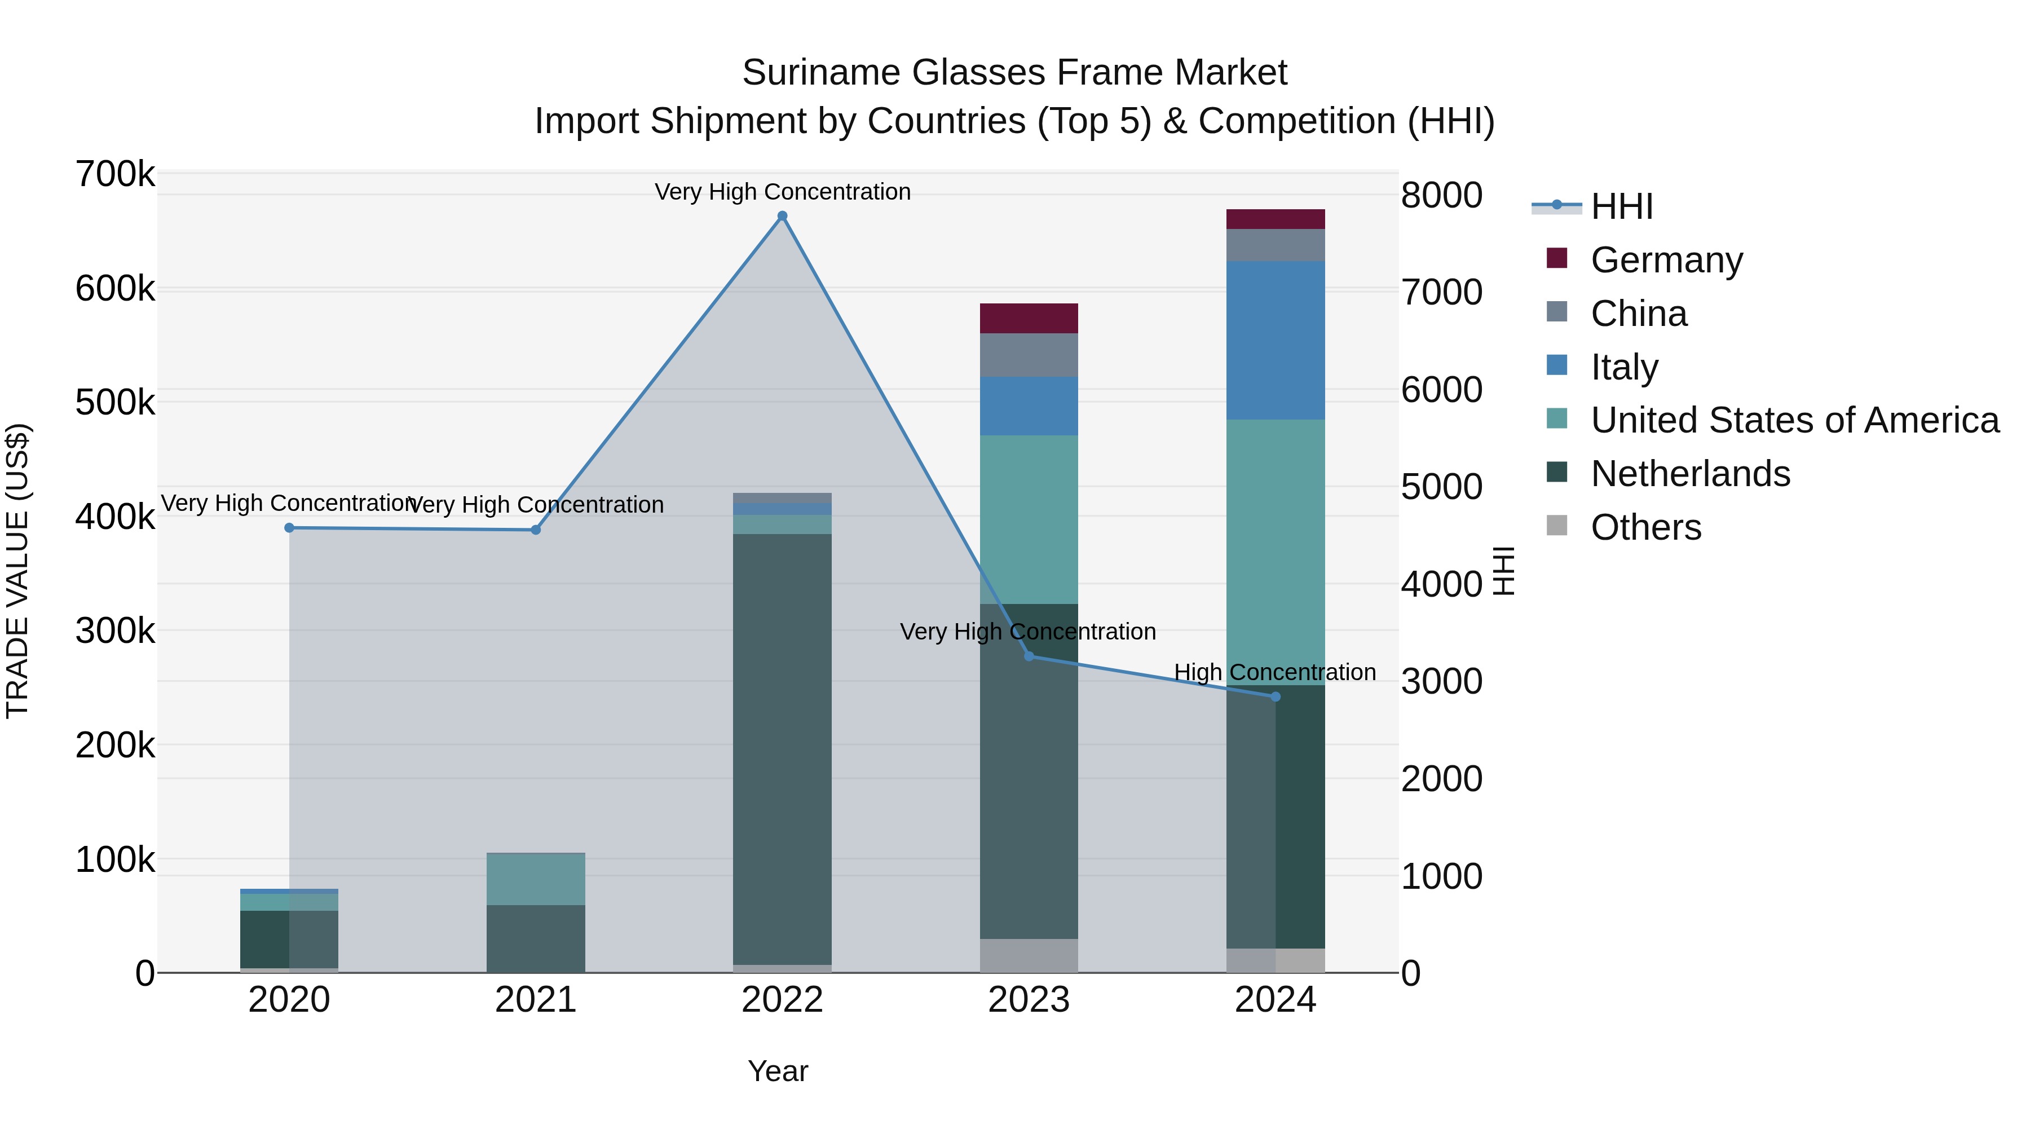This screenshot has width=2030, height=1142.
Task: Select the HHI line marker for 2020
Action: click(289, 528)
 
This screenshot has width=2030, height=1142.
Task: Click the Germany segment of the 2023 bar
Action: click(1029, 319)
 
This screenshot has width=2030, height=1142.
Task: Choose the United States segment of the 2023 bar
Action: click(1029, 519)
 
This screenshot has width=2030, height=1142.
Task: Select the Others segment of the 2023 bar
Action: click(1029, 955)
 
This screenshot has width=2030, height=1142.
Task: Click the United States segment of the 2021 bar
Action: click(535, 879)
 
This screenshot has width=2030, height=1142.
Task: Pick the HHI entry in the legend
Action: click(1621, 206)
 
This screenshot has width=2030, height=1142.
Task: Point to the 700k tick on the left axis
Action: click(115, 174)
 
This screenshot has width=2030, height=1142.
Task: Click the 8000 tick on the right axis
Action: click(1441, 196)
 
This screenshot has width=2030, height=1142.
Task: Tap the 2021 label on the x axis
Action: click(535, 1000)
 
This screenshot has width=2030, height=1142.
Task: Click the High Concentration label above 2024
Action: click(1274, 672)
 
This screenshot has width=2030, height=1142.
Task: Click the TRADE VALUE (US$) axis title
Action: click(17, 571)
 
